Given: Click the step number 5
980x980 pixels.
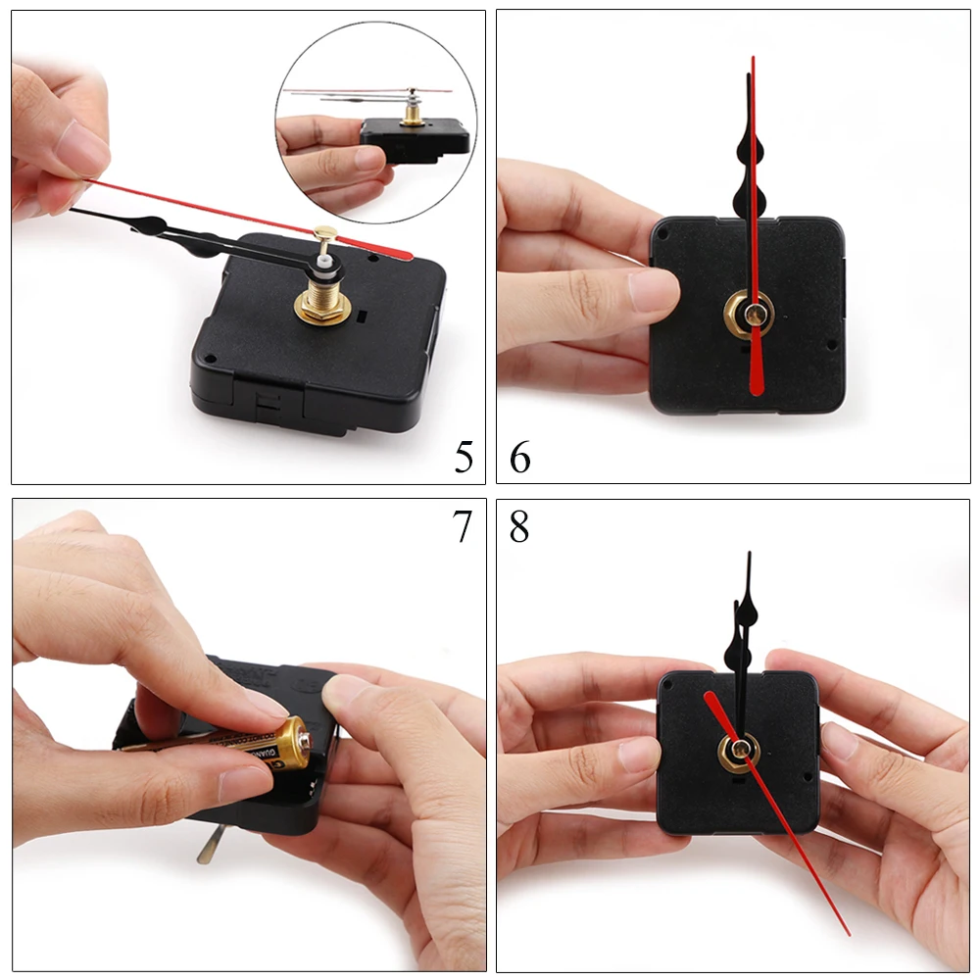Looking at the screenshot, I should tap(464, 457).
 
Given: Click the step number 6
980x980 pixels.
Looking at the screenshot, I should tap(520, 457).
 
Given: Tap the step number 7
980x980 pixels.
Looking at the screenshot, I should tap(463, 526).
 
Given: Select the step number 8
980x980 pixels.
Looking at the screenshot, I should tap(519, 526).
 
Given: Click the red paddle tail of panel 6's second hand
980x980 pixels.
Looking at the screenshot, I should tap(756, 367).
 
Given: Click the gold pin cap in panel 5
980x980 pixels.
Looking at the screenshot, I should tap(325, 235).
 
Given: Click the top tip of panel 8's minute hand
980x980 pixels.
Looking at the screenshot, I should tap(749, 555).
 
